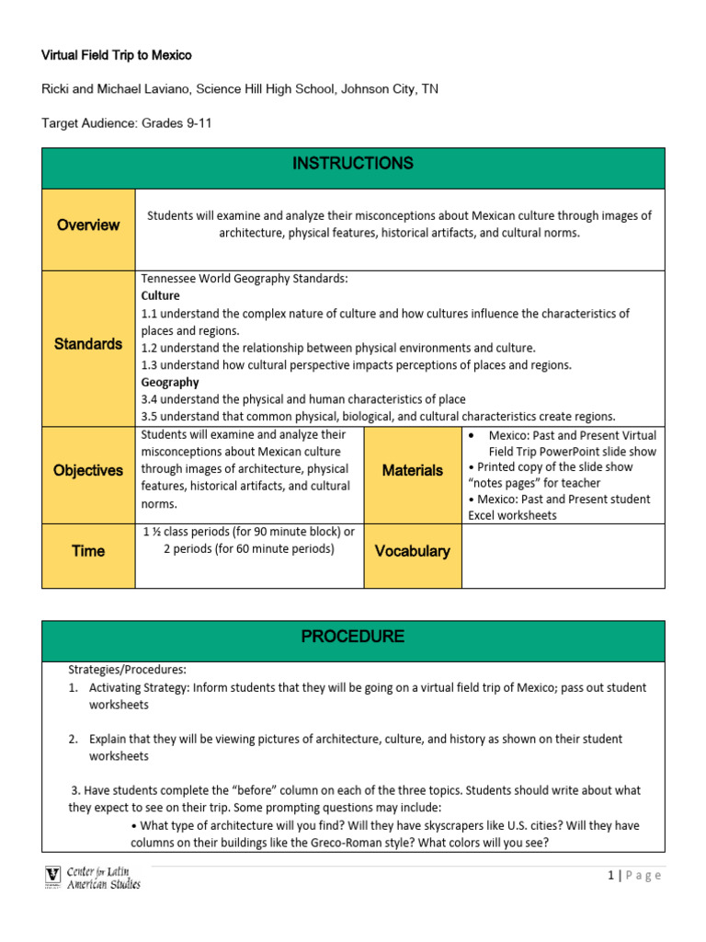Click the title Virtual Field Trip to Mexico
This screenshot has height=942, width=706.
[117, 55]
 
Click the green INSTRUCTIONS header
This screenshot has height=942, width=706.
[353, 164]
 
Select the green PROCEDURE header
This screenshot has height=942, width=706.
[353, 637]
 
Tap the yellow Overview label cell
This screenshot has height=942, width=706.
[88, 224]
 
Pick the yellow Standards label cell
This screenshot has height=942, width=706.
[88, 344]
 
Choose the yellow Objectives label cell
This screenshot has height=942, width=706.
[88, 470]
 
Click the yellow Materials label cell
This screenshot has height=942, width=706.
[413, 470]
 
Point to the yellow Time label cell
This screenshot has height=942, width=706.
[88, 551]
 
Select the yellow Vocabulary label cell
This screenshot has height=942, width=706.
[413, 551]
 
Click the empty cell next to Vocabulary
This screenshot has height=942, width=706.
[563, 556]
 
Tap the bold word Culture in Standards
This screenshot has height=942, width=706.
[161, 296]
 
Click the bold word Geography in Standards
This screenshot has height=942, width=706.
[170, 382]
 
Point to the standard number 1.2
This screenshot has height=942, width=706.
[150, 348]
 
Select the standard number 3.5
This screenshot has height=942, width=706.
[150, 416]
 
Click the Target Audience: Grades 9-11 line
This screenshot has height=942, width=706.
[127, 122]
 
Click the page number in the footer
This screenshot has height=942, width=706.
[610, 875]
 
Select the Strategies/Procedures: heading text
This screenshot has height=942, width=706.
[127, 669]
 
